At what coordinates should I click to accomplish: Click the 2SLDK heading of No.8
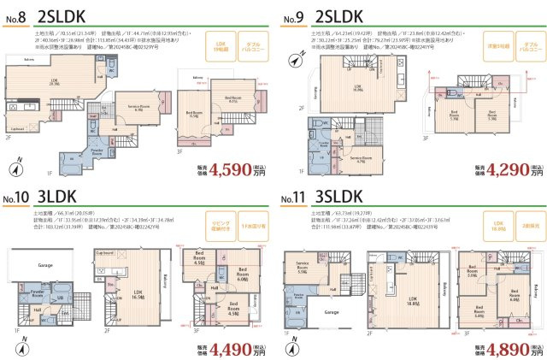click(x=61, y=15)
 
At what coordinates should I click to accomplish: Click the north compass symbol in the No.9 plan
click(x=295, y=59)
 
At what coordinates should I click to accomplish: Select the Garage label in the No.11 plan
click(x=327, y=312)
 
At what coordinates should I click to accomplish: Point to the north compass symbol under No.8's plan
click(x=19, y=167)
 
